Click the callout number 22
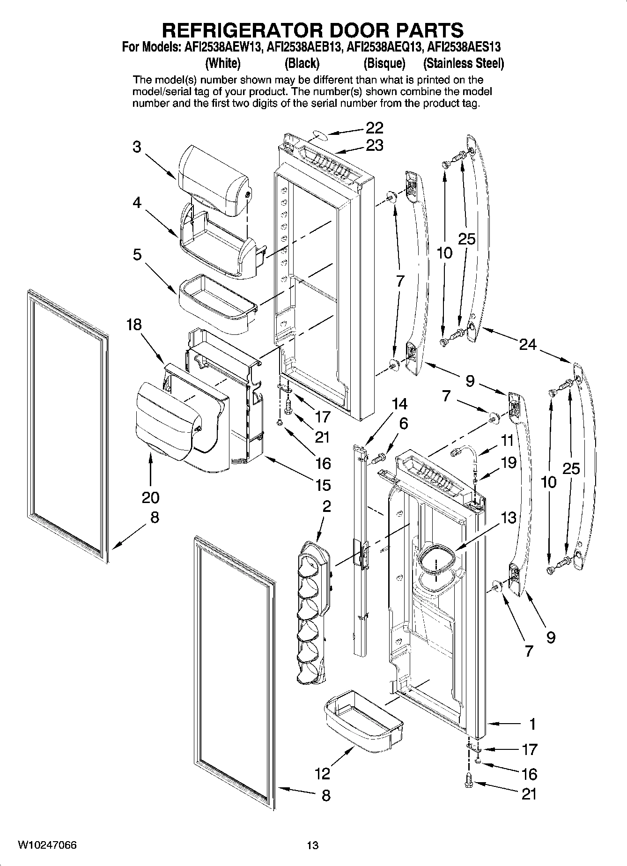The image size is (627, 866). click(x=374, y=128)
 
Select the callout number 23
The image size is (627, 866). click(x=374, y=146)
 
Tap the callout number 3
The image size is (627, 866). click(x=136, y=147)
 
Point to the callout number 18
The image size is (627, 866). click(x=134, y=325)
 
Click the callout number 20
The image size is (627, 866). click(x=150, y=497)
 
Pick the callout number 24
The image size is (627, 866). click(x=528, y=345)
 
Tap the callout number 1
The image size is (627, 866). click(x=532, y=724)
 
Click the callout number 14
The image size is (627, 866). click(x=399, y=403)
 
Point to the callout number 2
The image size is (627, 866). click(x=326, y=506)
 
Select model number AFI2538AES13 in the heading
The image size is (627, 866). click(x=465, y=47)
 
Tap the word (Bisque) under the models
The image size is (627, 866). click(x=384, y=63)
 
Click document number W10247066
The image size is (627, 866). click(x=47, y=845)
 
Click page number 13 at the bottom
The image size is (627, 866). click(x=312, y=845)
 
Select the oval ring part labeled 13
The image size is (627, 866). click(x=435, y=558)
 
